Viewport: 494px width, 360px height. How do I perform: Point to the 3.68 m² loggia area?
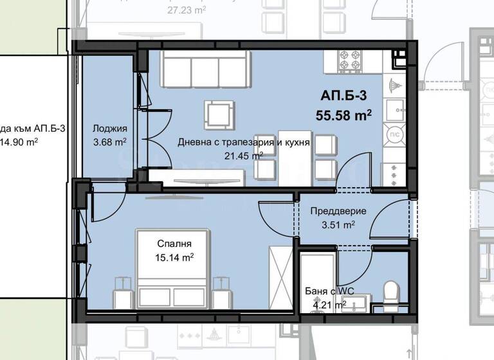[109, 142]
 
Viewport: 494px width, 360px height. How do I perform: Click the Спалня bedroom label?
[174, 244]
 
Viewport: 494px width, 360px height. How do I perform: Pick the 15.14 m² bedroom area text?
[174, 257]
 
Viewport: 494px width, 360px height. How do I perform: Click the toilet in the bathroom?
[390, 293]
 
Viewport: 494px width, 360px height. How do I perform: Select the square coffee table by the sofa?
[219, 114]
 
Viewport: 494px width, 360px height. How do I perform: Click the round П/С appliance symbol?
[392, 134]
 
